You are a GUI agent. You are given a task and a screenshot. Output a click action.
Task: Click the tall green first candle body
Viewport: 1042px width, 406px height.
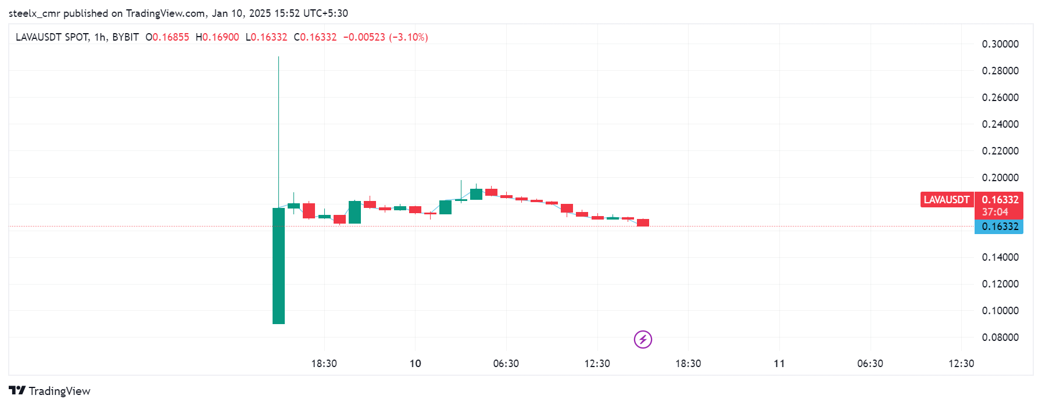pos(278,265)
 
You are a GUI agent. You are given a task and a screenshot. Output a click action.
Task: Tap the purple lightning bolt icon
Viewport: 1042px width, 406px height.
pos(643,339)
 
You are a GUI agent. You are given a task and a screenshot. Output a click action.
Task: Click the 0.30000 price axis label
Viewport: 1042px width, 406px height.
pos(1000,44)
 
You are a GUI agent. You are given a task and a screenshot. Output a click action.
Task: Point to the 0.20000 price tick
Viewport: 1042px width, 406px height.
pos(1000,178)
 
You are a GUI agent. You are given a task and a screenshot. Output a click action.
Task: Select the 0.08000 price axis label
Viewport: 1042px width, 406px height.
pos(1000,337)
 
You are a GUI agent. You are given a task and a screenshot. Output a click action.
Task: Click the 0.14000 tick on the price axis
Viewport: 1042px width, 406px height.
pos(1000,257)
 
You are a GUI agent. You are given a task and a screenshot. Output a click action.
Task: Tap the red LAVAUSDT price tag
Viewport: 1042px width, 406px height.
pos(946,200)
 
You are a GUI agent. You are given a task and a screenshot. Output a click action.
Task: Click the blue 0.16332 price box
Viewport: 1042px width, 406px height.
pos(1000,227)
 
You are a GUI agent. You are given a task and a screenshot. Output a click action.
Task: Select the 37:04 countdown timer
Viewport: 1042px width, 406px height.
pos(995,212)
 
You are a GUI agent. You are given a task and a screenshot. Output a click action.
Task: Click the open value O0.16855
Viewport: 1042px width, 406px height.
pos(167,37)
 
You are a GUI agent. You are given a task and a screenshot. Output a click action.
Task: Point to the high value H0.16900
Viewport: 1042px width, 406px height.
pos(217,37)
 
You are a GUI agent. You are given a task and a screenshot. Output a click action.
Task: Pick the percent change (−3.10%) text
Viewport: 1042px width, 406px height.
pos(409,37)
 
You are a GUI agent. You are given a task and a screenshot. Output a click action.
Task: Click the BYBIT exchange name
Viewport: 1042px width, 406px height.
pos(126,37)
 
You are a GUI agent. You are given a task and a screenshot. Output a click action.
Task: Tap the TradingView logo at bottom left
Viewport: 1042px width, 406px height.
pos(50,391)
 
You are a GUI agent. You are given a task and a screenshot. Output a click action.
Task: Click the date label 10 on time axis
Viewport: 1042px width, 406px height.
pos(415,364)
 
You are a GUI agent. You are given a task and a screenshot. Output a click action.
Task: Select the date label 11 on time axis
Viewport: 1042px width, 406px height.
pos(779,364)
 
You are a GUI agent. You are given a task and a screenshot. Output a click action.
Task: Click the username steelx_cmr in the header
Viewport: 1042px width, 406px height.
pos(34,13)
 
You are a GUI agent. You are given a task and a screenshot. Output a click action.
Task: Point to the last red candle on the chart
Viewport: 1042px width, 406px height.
pos(643,222)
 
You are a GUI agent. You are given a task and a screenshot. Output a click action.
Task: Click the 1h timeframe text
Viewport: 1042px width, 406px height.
pos(100,37)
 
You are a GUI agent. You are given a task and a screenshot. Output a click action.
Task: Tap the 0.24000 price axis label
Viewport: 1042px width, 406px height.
pos(1000,124)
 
